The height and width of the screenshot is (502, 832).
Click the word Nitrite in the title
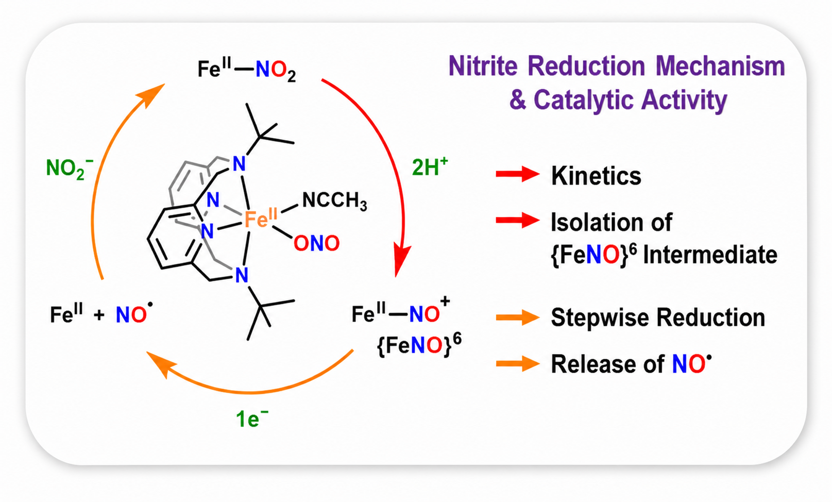483,66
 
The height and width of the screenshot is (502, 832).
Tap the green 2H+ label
430,167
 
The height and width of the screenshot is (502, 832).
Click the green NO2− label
69,169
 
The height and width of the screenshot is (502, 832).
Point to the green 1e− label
252,419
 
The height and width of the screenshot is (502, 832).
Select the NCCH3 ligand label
335,201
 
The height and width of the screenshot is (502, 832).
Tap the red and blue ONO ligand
316,243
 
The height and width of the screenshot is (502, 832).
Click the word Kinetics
596,175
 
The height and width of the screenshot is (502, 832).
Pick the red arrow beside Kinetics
517,174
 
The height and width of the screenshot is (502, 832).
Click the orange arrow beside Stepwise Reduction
517,317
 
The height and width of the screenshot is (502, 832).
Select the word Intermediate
710,255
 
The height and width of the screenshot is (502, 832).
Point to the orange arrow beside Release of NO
517,364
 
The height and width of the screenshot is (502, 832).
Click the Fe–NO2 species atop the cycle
247,70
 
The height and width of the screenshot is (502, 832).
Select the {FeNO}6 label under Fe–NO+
419,345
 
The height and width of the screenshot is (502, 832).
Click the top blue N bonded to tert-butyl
239,164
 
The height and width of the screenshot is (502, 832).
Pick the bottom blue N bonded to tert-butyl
242,275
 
